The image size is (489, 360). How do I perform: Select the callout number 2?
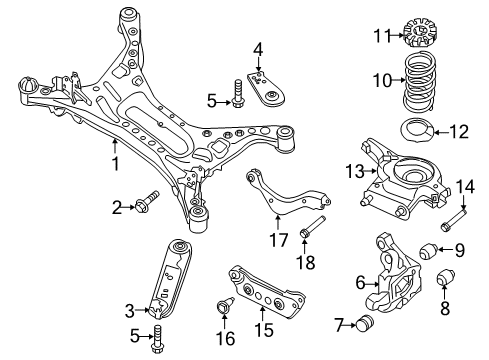117,207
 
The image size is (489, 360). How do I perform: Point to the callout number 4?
257,48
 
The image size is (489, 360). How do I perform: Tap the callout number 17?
272,239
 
